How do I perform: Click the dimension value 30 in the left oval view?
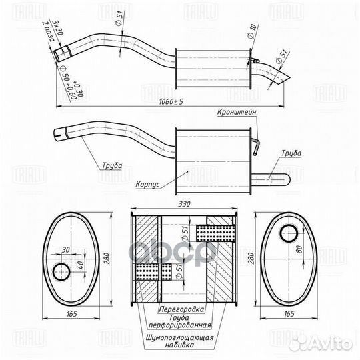(65, 250)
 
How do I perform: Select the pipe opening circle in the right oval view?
(289, 234)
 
